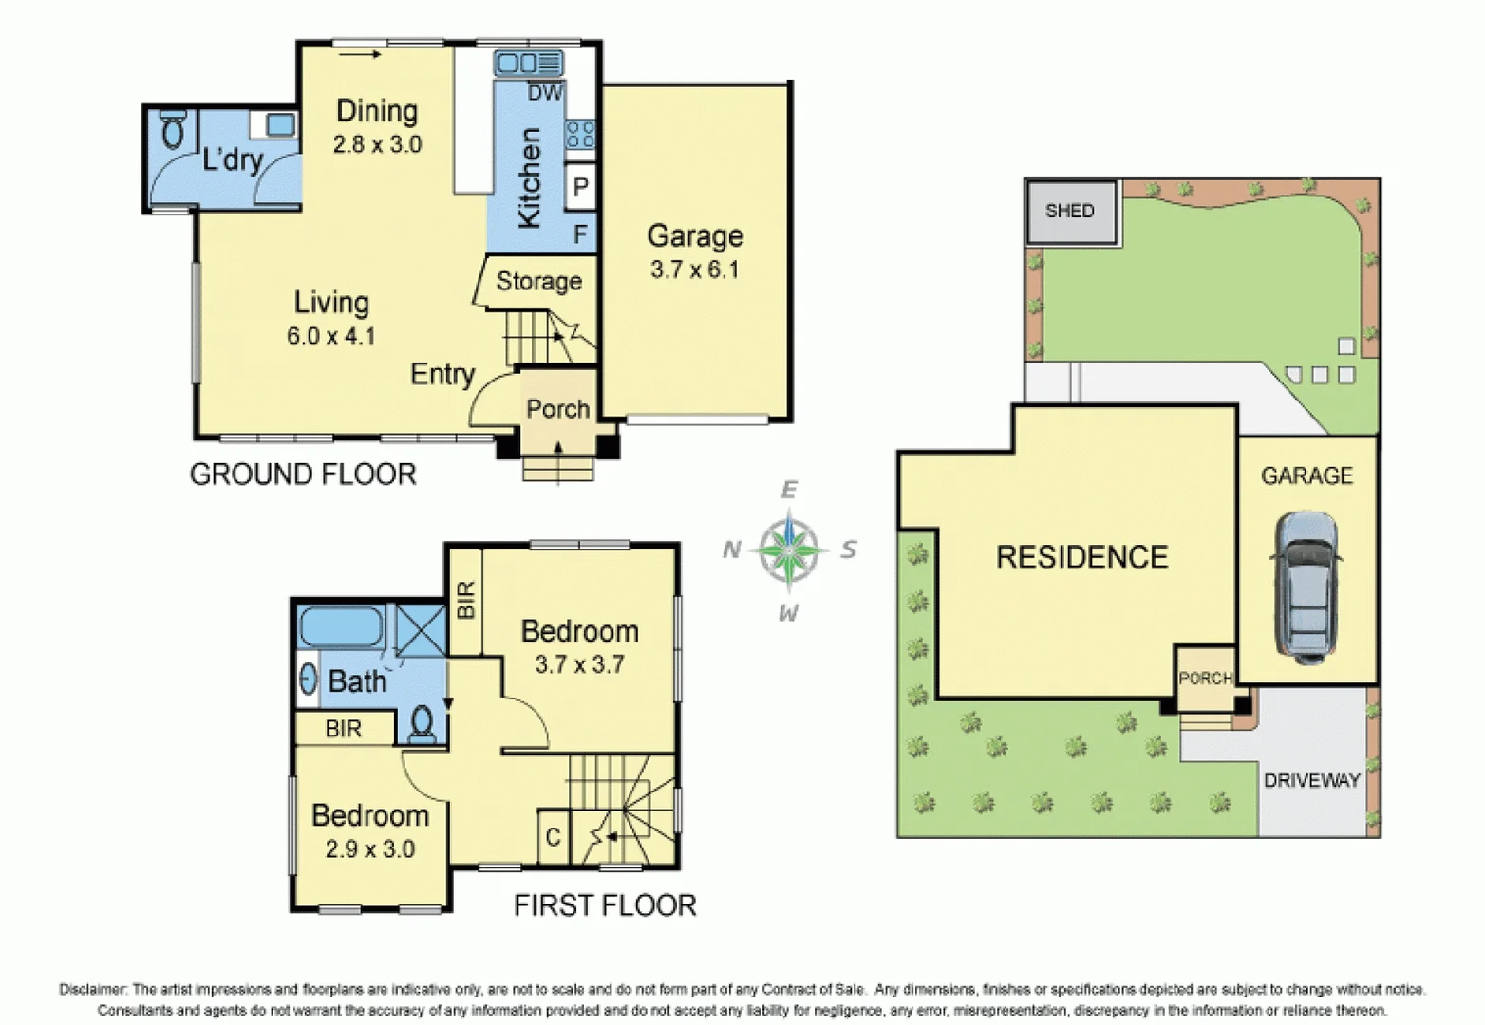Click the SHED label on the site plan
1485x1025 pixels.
click(x=1069, y=211)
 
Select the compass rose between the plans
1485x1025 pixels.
click(x=789, y=549)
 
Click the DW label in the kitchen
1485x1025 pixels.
click(x=544, y=93)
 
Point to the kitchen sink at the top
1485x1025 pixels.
click(x=528, y=64)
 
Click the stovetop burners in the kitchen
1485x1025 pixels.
click(x=580, y=134)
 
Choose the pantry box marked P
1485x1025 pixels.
click(x=580, y=187)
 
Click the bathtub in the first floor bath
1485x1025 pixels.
click(x=341, y=627)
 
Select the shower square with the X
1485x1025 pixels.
click(x=421, y=628)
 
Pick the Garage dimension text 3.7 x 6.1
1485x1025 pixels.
click(x=694, y=270)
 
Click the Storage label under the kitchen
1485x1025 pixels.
click(x=538, y=281)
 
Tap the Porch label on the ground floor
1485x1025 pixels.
click(x=557, y=409)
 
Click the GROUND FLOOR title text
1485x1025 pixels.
click(x=303, y=474)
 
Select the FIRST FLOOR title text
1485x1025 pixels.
click(x=605, y=905)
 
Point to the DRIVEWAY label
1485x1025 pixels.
click(x=1311, y=780)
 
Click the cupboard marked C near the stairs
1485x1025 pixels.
click(x=553, y=837)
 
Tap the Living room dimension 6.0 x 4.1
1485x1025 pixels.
click(x=330, y=336)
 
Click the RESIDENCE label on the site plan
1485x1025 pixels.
click(x=1081, y=557)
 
